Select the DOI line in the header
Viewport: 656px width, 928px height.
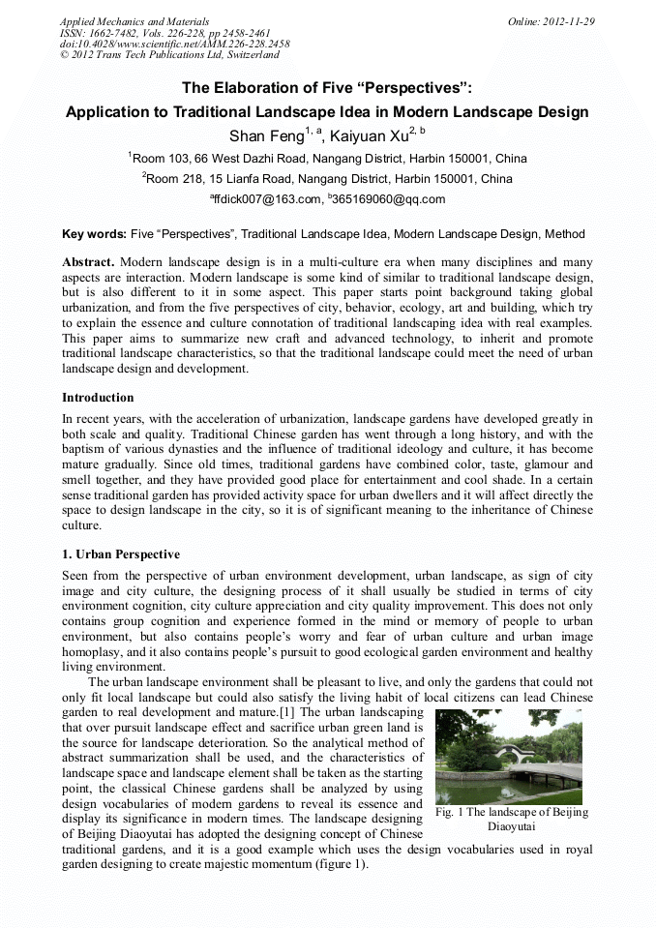click(174, 44)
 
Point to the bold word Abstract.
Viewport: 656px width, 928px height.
click(88, 262)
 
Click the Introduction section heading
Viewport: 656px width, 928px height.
click(98, 398)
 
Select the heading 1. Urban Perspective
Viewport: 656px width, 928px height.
click(120, 554)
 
